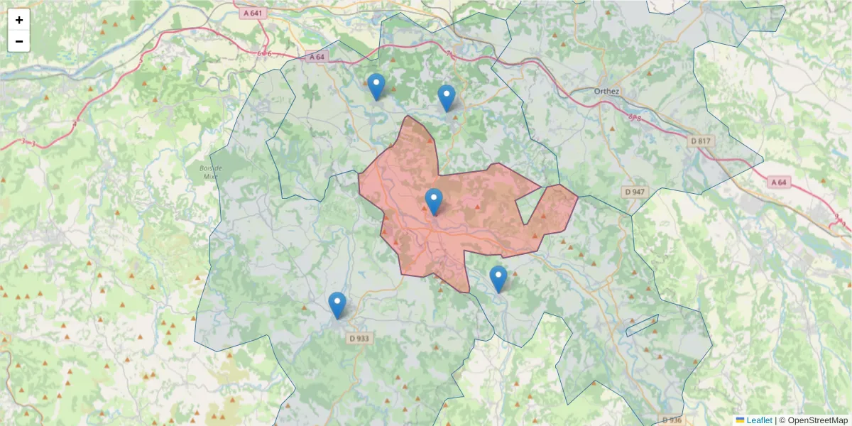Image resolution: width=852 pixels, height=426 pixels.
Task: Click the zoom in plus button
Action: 19,20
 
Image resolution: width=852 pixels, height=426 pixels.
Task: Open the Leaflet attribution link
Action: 759,420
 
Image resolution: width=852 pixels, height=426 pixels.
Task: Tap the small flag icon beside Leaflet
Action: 740,420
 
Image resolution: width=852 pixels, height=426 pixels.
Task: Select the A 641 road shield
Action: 252,12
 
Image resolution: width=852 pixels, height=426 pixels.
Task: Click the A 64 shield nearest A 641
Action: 317,57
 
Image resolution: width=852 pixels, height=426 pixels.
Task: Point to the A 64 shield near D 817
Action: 779,182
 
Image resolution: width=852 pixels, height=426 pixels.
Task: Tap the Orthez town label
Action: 606,91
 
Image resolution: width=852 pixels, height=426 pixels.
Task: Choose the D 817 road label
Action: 701,141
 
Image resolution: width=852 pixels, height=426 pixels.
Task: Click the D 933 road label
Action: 360,339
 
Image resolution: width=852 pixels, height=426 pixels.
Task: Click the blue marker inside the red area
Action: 434,201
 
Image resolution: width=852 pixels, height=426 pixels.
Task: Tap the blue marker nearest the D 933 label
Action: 337,305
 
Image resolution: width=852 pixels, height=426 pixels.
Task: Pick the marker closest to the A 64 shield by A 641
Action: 376,86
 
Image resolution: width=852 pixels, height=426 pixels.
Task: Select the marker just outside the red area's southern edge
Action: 498,278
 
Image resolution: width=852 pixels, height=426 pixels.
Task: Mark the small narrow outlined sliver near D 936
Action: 642,325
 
